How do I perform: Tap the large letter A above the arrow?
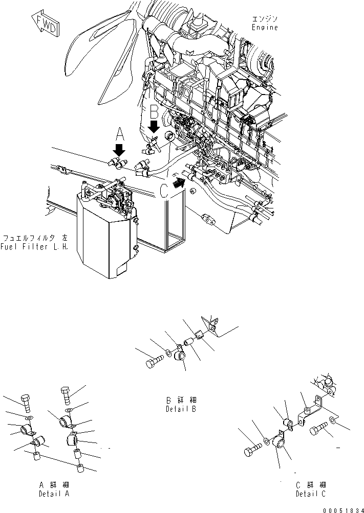click(x=120, y=135)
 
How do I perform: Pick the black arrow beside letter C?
click(x=179, y=182)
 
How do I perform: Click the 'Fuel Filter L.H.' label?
click(x=35, y=247)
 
